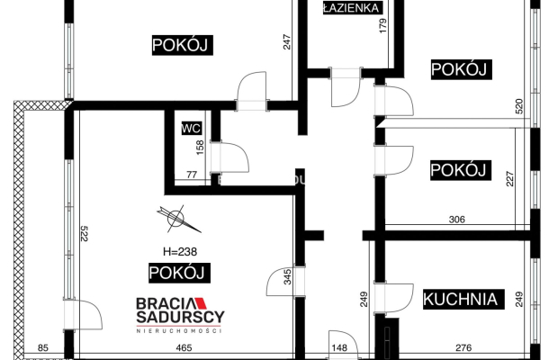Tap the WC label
[190, 128]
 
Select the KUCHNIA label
[460, 299]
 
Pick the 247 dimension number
[287, 42]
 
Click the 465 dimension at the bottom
[184, 346]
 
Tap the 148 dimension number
[338, 347]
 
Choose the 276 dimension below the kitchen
[463, 347]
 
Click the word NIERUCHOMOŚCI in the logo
[179, 331]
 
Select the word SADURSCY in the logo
[180, 318]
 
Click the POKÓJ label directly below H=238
[177, 273]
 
